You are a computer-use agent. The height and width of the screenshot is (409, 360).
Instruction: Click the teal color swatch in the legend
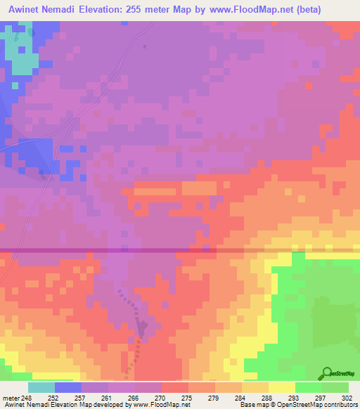tap(41, 387)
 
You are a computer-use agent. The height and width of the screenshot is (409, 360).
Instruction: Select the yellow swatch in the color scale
tap(282, 387)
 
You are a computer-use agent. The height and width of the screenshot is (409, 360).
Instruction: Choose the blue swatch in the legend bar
tap(68, 387)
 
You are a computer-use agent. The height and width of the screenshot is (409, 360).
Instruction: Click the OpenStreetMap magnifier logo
tap(326, 374)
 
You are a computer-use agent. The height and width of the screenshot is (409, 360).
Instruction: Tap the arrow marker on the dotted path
tap(143, 327)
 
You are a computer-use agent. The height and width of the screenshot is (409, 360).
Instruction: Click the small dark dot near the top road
tap(144, 46)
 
